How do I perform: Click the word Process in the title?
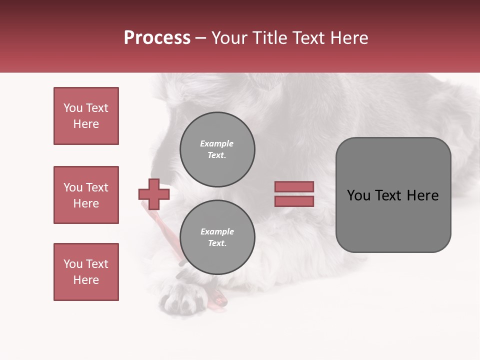pos(157,38)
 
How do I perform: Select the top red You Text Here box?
pos(86,116)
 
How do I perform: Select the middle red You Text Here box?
pos(86,195)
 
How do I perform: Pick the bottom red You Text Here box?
pos(86,272)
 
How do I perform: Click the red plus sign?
pos(154,194)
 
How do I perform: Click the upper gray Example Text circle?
pos(217,149)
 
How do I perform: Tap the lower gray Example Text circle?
pos(217,237)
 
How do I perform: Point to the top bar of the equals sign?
pos(294,186)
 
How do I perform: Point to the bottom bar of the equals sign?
pos(294,201)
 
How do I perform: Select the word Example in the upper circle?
pos(217,143)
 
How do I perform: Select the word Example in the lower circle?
pos(217,231)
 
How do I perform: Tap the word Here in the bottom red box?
pos(86,280)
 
